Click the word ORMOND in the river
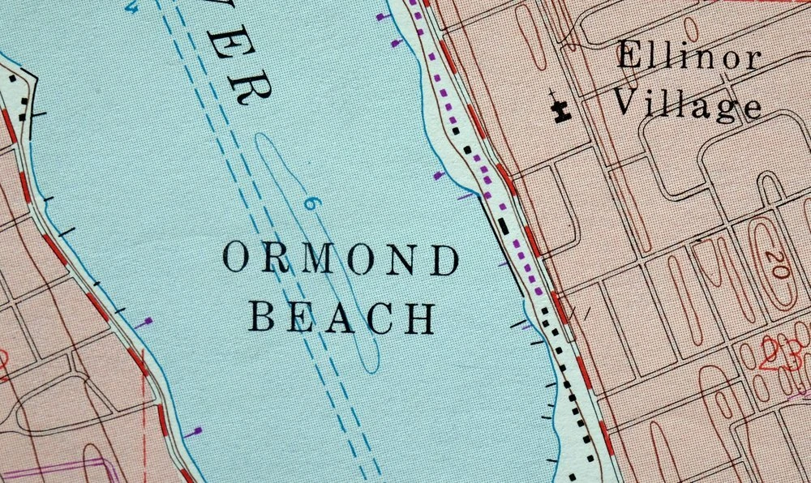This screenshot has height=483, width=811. (x=340, y=259)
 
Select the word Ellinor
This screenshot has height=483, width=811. (x=689, y=58)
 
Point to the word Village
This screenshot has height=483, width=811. (x=686, y=104)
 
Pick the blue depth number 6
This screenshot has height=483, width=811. (x=309, y=203)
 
